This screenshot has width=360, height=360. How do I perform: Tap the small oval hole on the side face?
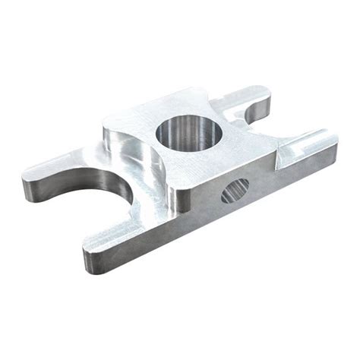tap(235, 190)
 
